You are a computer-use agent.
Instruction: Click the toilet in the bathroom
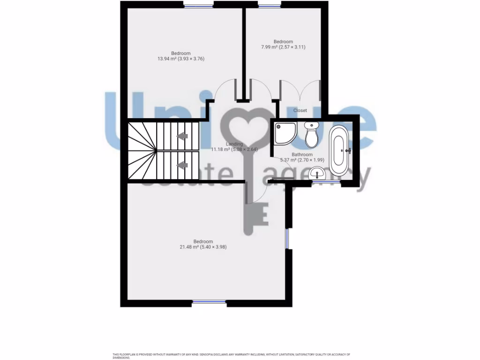tap(311, 134)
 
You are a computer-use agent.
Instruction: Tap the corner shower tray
tap(285, 133)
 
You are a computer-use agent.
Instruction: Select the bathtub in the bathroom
tap(339, 150)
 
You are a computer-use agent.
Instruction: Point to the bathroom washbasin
tap(319, 173)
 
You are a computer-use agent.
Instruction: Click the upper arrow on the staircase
tap(182, 136)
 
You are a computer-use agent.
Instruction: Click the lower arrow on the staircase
tap(182, 165)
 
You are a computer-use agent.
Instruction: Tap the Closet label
tap(300, 111)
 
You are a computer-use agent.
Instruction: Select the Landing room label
tap(234, 144)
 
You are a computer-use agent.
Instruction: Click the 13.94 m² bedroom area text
tap(181, 59)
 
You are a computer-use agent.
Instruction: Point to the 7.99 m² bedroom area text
tap(283, 47)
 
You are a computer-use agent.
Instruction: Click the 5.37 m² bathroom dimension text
tap(302, 160)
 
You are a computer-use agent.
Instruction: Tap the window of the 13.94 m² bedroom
tap(198, 6)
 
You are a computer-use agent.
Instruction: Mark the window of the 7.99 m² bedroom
tap(269, 6)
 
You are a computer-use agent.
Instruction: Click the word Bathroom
tap(302, 154)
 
